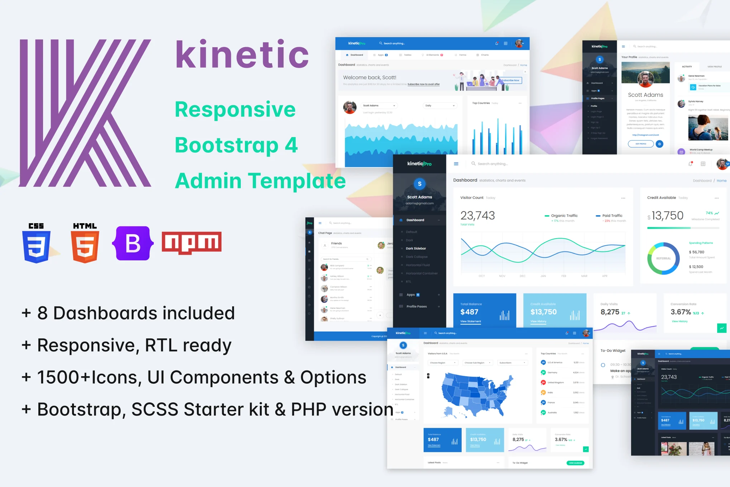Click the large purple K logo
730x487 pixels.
pyautogui.click(x=85, y=113)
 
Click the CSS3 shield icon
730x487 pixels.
pyautogui.click(x=36, y=244)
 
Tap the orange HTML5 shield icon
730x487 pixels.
pyautogui.click(x=85, y=244)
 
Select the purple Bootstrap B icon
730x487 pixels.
pyautogui.click(x=133, y=243)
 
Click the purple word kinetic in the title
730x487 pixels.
pyautogui.click(x=242, y=55)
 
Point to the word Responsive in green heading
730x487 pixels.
pyautogui.click(x=235, y=109)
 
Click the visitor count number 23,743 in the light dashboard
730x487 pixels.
pyautogui.click(x=477, y=216)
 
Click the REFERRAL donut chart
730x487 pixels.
pyautogui.click(x=663, y=258)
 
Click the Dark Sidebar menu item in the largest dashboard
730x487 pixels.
pyautogui.click(x=416, y=248)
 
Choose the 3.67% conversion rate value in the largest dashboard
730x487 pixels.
pyautogui.click(x=681, y=312)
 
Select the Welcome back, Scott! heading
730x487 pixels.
pyautogui.click(x=369, y=77)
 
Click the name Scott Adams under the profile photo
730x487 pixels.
pyautogui.click(x=645, y=95)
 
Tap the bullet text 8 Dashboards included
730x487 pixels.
pyautogui.click(x=136, y=313)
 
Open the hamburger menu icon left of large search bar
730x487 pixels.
pyautogui.click(x=456, y=164)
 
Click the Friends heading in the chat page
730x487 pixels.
pyautogui.click(x=336, y=243)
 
